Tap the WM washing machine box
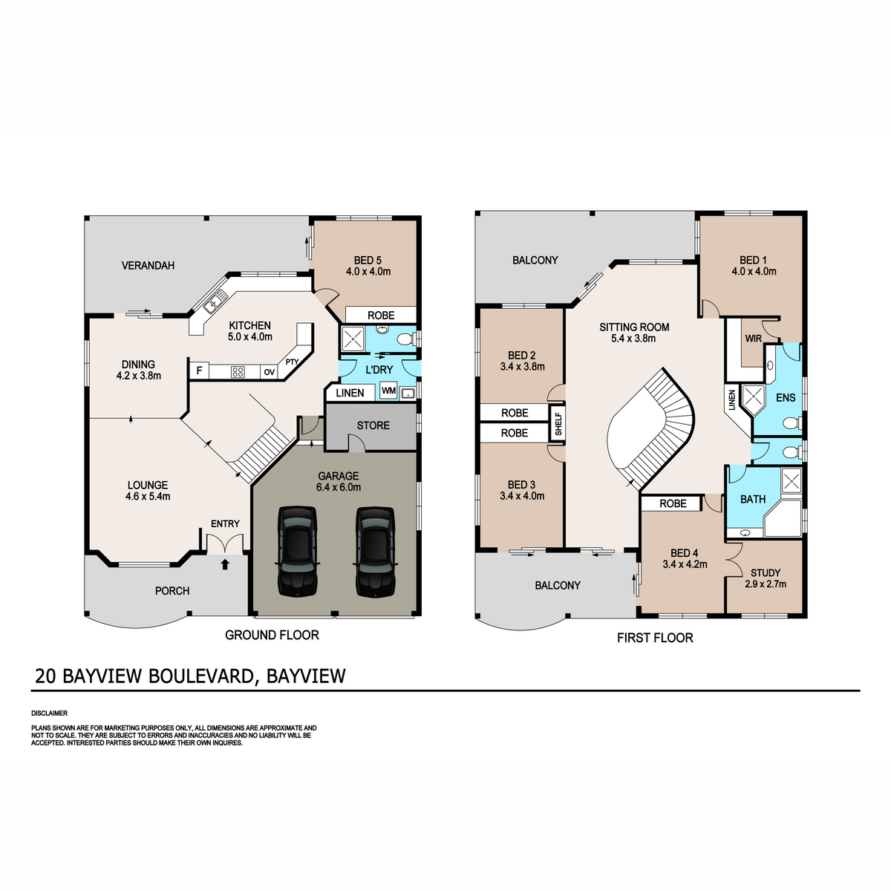tap(388, 391)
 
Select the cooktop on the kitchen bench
tap(238, 371)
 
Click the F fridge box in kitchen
tap(199, 371)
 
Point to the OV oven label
tap(269, 372)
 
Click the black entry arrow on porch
tap(225, 564)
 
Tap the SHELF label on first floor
tap(558, 424)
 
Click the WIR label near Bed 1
tap(753, 339)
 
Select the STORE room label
tap(373, 425)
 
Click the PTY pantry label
tap(292, 362)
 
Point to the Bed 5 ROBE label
tap(381, 316)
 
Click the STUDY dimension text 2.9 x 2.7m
tap(766, 584)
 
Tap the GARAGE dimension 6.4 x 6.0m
tap(339, 487)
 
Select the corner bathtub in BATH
tap(783, 518)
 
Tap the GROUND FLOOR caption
tap(272, 636)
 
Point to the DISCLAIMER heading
tap(50, 714)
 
